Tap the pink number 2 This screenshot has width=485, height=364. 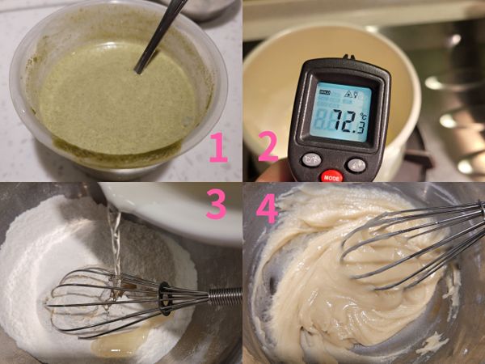(268, 146)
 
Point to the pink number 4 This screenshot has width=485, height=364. (268, 207)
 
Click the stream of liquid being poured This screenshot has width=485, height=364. (114, 243)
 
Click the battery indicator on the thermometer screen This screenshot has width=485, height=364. (323, 93)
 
